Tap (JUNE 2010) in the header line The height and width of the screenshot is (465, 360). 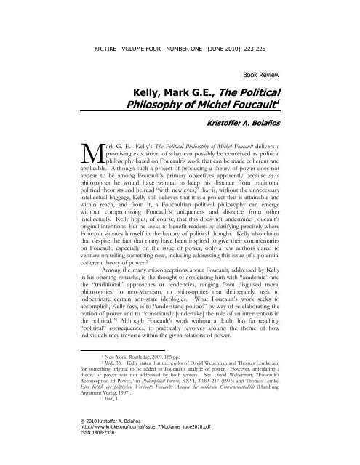229,32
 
